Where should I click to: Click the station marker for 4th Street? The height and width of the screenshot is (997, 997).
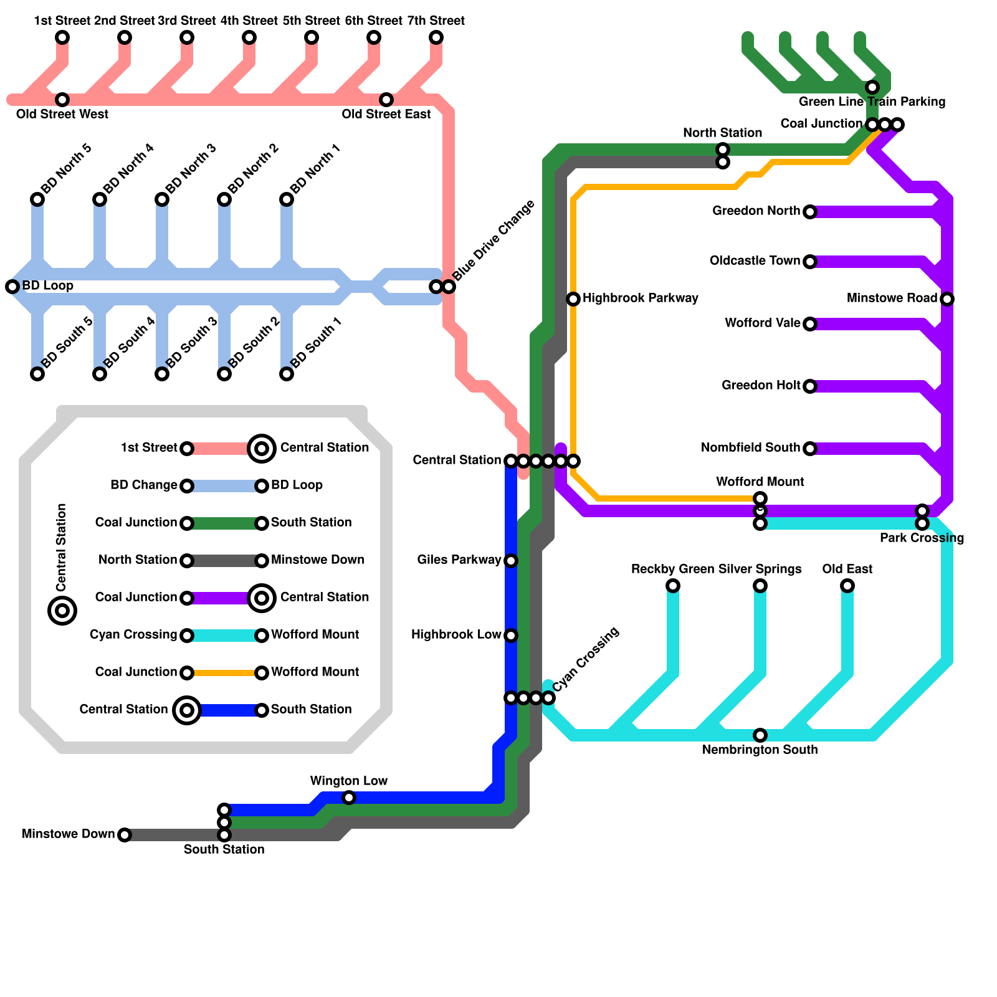249,37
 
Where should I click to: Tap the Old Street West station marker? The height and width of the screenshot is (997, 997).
62,100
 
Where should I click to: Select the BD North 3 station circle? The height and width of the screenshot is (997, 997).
162,199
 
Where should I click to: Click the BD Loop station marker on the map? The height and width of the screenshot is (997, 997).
12,287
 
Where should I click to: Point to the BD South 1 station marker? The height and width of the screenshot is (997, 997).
287,374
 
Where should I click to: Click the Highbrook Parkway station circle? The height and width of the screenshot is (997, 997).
573,299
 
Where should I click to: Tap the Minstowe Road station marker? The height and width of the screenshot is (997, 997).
947,299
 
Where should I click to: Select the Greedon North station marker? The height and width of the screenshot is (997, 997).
810,212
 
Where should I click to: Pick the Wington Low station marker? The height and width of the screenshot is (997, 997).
349,798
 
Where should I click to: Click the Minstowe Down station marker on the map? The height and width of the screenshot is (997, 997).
125,835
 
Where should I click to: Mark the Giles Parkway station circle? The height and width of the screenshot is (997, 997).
511,561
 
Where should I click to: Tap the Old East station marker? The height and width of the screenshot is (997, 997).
847,586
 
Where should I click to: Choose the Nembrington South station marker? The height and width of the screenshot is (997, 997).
760,735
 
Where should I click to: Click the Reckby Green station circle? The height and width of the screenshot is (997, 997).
673,586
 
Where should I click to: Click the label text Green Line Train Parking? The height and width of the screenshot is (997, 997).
872,102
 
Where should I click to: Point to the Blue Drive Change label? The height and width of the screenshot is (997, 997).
494,241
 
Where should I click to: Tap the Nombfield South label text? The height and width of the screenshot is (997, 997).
750,448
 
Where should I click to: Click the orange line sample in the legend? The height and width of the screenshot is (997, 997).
224,673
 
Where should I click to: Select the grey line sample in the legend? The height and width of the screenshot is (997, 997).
224,561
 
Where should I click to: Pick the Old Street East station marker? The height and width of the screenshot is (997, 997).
386,100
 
